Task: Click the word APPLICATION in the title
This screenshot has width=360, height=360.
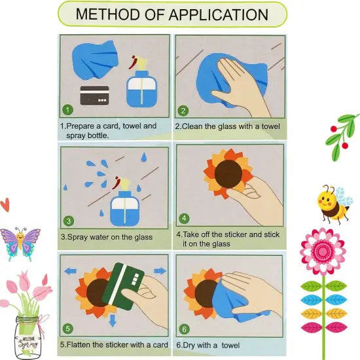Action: point(219,14)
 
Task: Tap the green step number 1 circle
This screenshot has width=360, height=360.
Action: point(67,110)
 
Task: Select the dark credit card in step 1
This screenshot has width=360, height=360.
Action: point(95,96)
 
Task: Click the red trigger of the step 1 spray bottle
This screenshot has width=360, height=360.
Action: point(133,62)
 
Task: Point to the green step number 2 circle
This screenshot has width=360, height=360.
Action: point(183,111)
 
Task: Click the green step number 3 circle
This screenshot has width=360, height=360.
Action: point(69,221)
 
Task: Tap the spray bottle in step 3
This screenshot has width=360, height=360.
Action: point(124,202)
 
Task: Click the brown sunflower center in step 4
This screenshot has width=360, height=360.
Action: point(228,174)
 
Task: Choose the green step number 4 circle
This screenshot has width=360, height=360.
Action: point(184,218)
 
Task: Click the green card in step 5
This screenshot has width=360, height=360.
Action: point(123,286)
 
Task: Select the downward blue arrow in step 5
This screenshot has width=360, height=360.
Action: point(113,321)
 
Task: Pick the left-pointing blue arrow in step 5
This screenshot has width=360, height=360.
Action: point(71,272)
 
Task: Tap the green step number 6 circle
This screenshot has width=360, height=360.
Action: point(185,329)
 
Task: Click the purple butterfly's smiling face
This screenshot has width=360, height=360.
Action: point(20,236)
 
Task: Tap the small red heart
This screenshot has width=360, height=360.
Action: point(5,204)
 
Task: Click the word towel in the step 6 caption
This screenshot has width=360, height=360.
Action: point(230,346)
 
